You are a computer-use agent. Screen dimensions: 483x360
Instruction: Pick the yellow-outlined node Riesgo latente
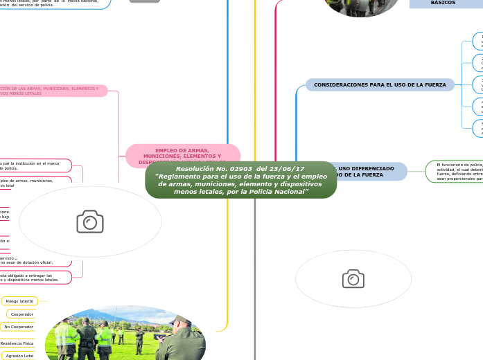click(19, 300)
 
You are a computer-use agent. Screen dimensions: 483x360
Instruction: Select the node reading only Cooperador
click(22, 314)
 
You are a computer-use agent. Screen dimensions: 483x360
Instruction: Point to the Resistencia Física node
click(17, 343)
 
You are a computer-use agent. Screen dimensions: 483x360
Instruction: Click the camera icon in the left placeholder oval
click(90, 222)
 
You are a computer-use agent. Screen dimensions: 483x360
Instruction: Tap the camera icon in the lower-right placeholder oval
click(353, 278)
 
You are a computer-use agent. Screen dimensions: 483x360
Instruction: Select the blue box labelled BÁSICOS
click(444, 3)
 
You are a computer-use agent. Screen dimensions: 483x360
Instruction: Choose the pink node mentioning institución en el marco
click(35, 165)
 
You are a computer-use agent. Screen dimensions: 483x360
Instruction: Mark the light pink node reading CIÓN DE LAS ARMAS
click(52, 91)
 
